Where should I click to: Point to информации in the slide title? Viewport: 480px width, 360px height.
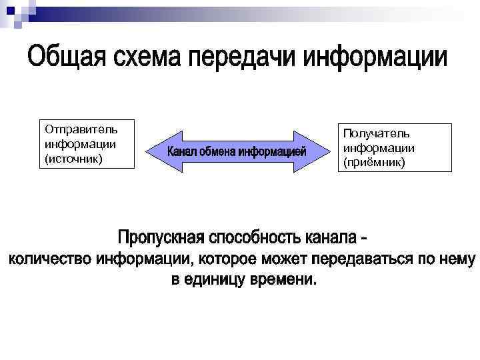[375, 59]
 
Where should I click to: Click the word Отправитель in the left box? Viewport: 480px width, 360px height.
[81, 129]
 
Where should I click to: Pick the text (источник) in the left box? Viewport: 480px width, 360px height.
[73, 159]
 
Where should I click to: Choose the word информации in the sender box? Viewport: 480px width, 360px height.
[81, 143]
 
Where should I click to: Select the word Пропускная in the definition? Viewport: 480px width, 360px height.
[160, 238]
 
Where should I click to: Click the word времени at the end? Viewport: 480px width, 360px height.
[283, 279]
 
